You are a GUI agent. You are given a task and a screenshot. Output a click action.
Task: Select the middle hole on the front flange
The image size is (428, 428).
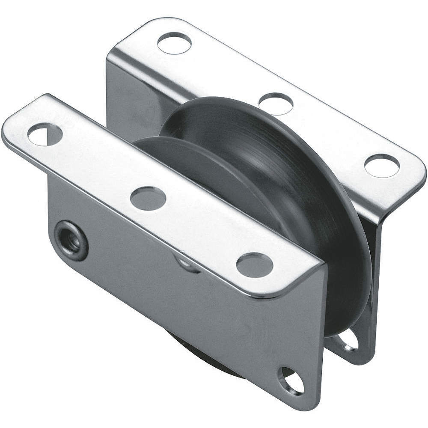tap(148, 197)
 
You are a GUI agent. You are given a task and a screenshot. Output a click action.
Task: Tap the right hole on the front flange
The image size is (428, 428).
tap(255, 264)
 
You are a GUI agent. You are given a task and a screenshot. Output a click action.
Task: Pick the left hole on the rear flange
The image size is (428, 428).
tap(174, 42)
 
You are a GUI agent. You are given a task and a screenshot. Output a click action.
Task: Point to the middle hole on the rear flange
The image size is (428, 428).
tap(276, 103)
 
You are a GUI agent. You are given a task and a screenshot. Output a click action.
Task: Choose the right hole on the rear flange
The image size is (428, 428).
tap(382, 166)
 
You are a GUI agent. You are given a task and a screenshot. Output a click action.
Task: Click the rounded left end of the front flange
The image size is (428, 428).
tap(11, 128)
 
